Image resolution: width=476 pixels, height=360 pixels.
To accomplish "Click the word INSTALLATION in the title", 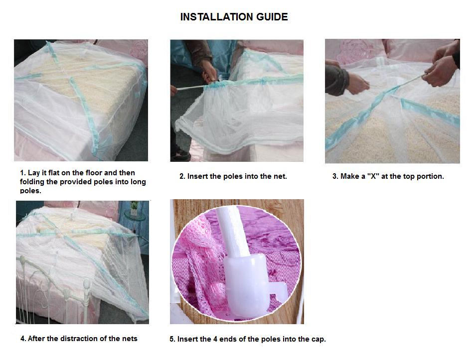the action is pos(217,17).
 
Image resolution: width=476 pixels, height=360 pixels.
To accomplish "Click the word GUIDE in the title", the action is pos(272,17).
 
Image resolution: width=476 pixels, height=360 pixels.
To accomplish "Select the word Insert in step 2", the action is pos(197,176).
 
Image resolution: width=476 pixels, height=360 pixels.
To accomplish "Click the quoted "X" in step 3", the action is pos(373,176).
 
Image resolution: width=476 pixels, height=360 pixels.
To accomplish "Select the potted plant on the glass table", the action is pos(134,208).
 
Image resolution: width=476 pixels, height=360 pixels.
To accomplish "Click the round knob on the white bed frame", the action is pos(87,284).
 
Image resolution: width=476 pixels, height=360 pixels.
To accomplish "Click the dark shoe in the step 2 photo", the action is pos(180,156).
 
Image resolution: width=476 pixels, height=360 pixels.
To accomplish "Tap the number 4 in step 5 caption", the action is pos(215,339).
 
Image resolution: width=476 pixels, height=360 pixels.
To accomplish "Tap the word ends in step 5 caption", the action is pos(226,339).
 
